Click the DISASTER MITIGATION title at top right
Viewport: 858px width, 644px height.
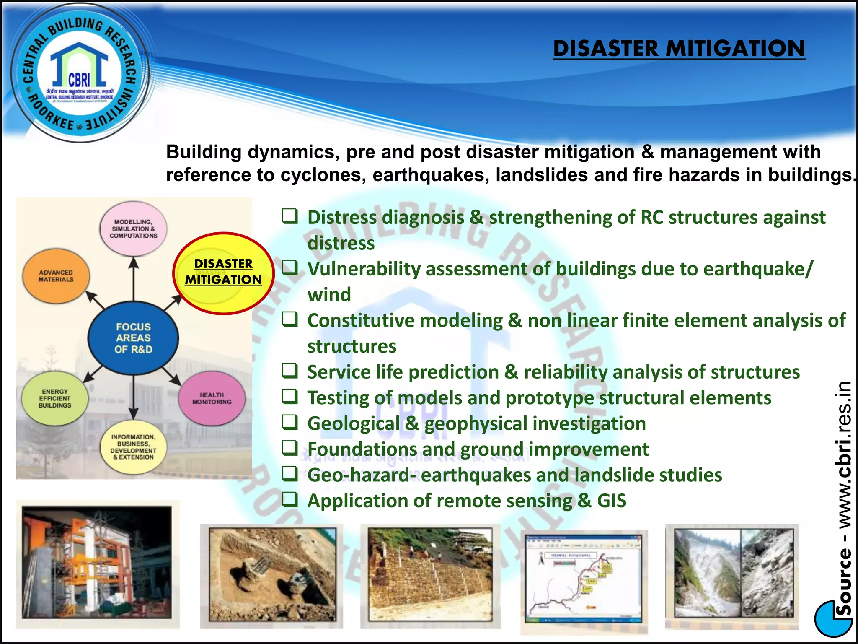pos(679,48)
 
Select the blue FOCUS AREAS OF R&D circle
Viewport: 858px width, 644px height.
pos(133,338)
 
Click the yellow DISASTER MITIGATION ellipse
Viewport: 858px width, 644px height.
pos(223,273)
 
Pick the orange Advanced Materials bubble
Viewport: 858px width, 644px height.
pos(56,276)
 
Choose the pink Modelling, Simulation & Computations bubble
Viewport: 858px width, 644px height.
pos(133,229)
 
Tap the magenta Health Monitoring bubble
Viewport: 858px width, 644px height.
pos(212,399)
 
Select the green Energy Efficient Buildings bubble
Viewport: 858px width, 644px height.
pos(55,398)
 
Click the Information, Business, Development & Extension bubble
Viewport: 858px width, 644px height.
pos(133,447)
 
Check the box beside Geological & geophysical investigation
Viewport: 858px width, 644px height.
pos(290,422)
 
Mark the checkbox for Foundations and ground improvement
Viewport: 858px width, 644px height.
pos(290,448)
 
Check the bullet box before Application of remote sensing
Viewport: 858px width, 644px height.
pos(290,499)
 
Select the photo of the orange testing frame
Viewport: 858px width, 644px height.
pos(97,563)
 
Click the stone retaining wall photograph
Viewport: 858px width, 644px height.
pos(430,574)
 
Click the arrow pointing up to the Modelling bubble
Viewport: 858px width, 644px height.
pos(133,277)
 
